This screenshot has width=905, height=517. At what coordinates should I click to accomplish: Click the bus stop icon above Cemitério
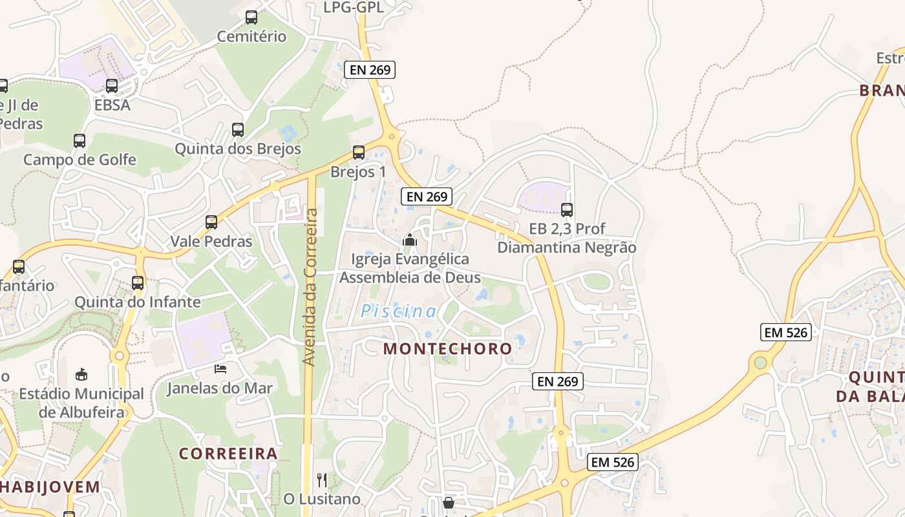pos(251,17)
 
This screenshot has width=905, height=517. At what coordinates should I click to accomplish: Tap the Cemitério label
pos(251,36)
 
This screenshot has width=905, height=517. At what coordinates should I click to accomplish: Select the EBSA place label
pos(112,105)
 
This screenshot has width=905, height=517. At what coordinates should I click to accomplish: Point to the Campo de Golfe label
pos(80,160)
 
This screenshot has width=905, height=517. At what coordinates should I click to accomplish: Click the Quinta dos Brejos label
pos(238,149)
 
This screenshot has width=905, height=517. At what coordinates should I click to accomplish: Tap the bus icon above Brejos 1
pos(359,153)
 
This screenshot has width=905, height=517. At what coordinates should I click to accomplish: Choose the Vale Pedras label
pos(211,241)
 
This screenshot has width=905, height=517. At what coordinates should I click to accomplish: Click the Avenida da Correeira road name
pos(311,288)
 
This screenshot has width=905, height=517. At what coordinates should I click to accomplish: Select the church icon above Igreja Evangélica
pos(410,240)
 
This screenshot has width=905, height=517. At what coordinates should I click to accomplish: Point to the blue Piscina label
pos(398,311)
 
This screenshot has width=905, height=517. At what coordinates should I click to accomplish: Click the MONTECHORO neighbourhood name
pos(447,348)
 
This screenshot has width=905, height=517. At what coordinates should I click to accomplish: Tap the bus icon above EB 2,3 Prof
pos(567,209)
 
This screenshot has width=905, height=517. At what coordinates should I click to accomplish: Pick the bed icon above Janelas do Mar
pos(220,369)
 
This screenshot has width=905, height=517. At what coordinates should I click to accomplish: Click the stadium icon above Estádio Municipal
pos(81,374)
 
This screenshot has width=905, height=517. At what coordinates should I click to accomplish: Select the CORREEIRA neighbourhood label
pos(228,454)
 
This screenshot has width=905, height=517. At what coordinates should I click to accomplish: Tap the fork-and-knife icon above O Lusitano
pos(322,480)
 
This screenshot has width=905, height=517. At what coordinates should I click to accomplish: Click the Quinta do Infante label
pos(138,302)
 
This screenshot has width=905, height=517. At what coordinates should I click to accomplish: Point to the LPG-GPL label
pos(354,8)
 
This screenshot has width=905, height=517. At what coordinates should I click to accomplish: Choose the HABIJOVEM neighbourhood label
pos(50,487)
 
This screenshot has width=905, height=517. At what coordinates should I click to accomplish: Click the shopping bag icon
pos(449,502)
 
